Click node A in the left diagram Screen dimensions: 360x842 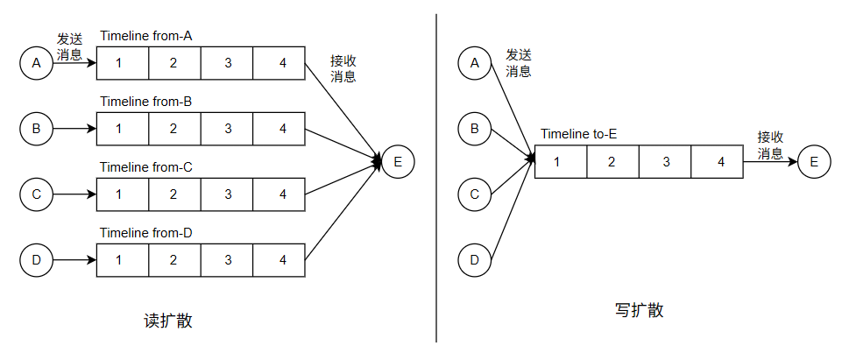pos(37,63)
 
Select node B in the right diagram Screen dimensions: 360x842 pos(475,129)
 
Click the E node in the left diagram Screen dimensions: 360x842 pos(399,162)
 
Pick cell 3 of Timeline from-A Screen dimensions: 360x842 pos(227,63)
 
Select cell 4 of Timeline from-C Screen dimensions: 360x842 pos(279,194)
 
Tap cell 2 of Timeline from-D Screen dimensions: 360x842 pos(174,259)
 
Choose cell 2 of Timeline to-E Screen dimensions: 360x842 pos(612,162)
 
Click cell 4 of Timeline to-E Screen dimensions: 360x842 pos(718,162)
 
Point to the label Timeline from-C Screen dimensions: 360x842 pos(145,167)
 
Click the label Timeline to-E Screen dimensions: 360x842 pos(578,135)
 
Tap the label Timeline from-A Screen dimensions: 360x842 pos(145,36)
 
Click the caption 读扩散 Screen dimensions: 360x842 pos(167,321)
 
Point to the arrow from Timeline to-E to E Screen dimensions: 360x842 pos(770,162)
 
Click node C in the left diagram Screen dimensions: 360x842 pos(37,194)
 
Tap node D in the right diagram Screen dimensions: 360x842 pos(475,259)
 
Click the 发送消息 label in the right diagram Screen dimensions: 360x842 pos(519,63)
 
